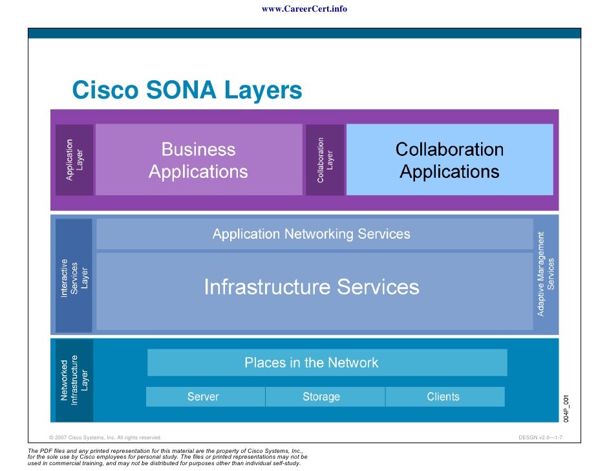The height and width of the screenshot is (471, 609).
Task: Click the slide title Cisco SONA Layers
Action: click(x=187, y=90)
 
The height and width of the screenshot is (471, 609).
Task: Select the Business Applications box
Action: click(x=198, y=160)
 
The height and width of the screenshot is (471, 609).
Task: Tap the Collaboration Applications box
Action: click(x=449, y=160)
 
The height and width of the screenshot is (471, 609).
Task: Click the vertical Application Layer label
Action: click(x=74, y=160)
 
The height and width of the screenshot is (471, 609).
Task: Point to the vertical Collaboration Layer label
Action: click(x=325, y=160)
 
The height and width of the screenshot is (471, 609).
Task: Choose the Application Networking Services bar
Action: click(x=312, y=234)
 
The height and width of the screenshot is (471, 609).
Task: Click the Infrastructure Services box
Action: click(x=312, y=287)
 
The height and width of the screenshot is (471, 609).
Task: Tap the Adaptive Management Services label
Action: click(x=546, y=274)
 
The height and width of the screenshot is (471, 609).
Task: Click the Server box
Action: click(x=204, y=397)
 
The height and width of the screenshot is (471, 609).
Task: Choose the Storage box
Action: click(x=321, y=397)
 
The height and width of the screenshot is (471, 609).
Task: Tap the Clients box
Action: click(x=443, y=397)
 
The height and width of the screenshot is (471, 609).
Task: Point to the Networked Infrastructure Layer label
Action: click(x=74, y=380)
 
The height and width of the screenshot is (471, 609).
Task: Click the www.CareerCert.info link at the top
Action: click(x=304, y=9)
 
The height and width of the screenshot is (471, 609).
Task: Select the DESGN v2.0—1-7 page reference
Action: click(x=540, y=438)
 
